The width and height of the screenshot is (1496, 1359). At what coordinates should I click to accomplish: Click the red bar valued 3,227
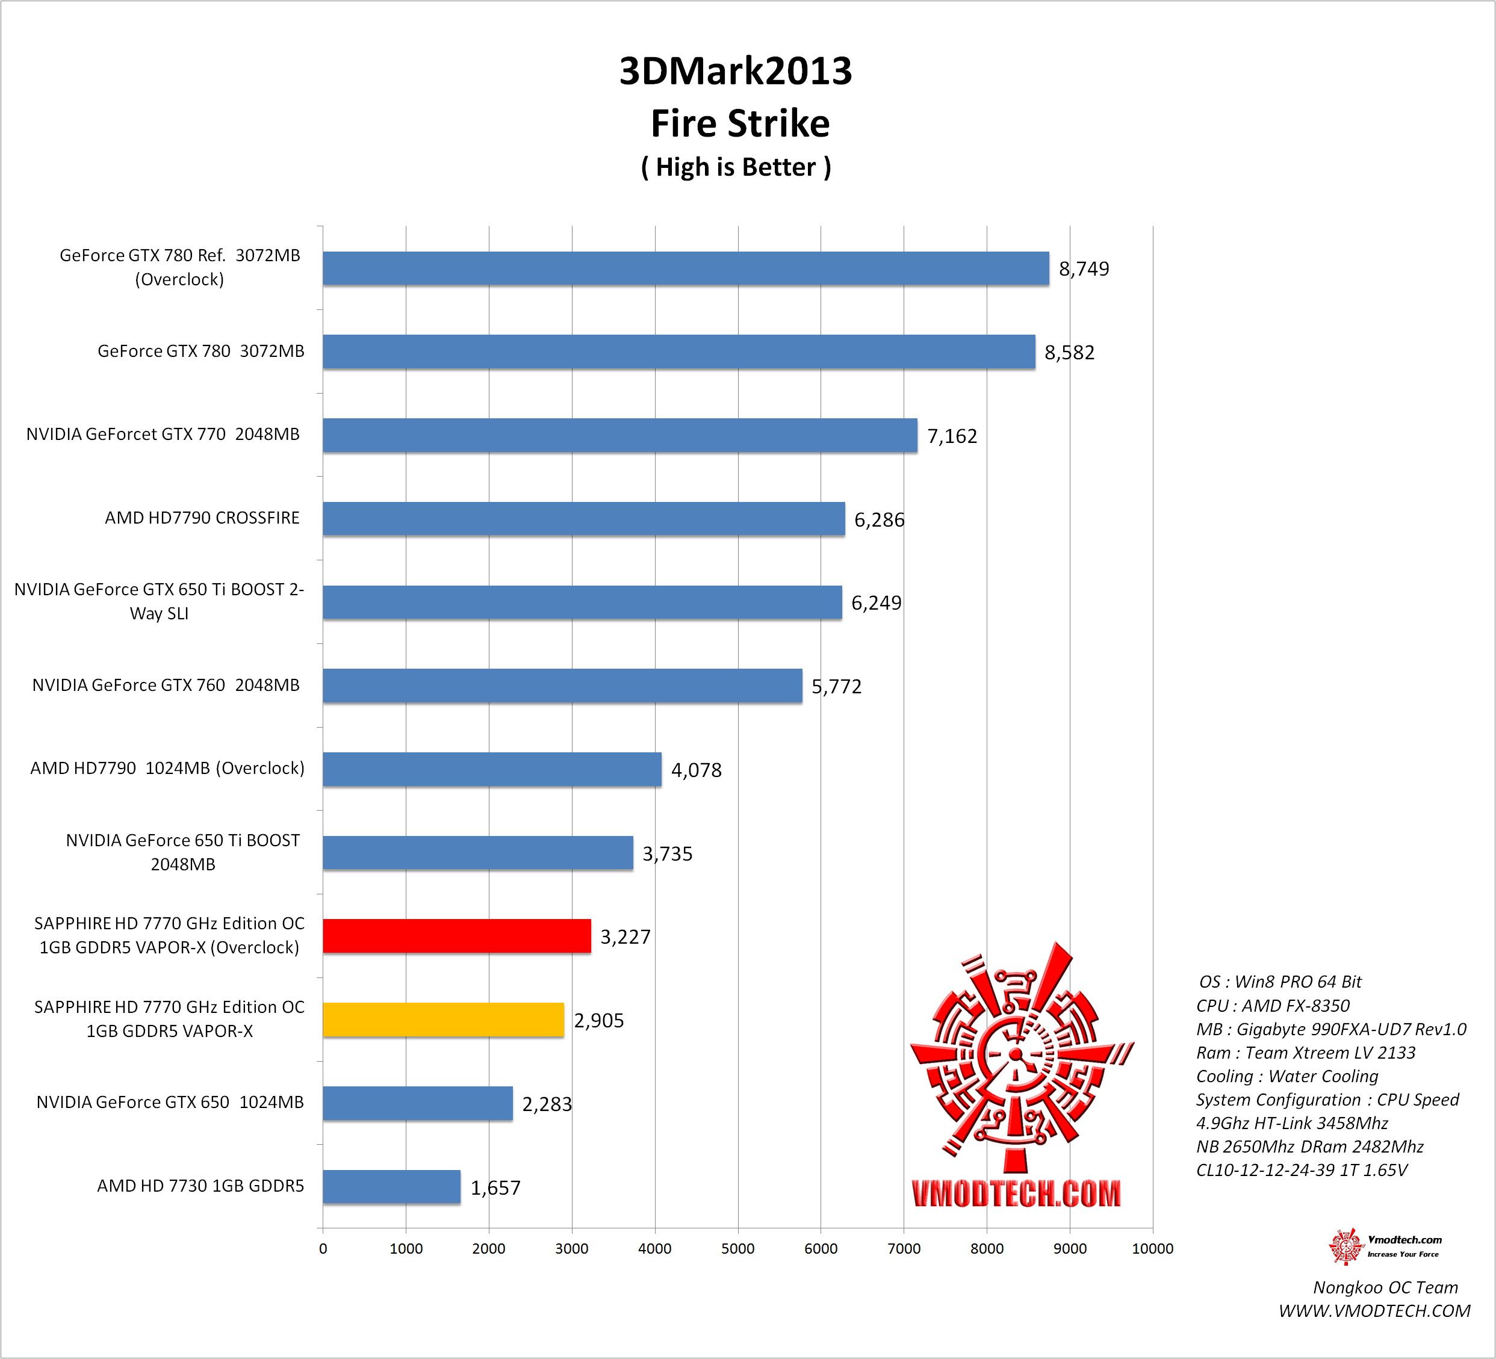click(456, 936)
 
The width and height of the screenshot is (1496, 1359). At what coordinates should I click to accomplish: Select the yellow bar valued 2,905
click(443, 1020)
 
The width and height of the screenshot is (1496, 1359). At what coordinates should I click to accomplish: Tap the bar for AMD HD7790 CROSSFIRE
click(583, 519)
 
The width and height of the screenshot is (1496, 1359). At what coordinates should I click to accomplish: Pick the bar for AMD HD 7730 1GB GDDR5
click(391, 1187)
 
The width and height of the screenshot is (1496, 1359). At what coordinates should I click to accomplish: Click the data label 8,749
click(1084, 268)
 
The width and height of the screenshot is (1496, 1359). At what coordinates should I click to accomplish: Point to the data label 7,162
click(952, 436)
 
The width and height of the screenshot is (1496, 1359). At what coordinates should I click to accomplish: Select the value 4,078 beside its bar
click(696, 770)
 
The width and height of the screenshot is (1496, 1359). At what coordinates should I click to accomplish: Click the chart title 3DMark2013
click(736, 71)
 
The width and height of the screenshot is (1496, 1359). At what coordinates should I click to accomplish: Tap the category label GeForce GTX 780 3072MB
click(200, 351)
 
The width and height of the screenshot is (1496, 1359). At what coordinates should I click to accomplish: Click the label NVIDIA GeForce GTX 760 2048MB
click(166, 685)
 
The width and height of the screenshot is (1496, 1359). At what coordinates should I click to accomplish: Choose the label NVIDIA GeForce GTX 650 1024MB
click(170, 1103)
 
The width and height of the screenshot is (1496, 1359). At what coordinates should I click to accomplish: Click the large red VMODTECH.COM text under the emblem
click(1016, 1193)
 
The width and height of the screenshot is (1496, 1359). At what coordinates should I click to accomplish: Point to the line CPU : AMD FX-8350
click(1273, 1006)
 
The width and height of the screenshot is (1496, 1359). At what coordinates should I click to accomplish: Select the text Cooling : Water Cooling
click(1286, 1076)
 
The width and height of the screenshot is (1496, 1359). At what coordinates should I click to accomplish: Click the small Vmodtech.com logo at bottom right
click(1385, 1246)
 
